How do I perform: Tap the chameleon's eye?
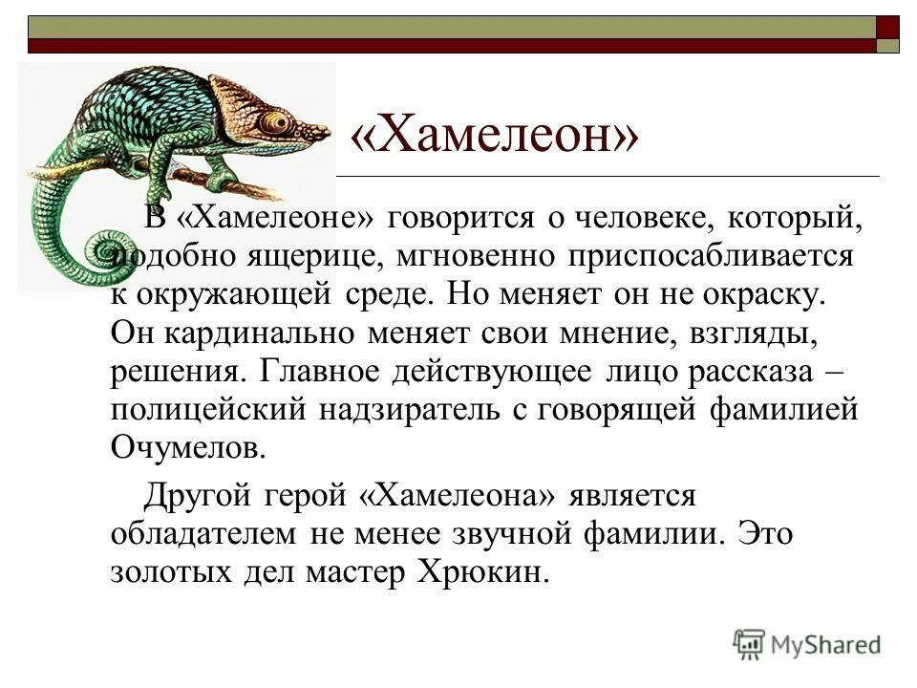pos(278,122)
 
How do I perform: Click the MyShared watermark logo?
pos(806,645)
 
